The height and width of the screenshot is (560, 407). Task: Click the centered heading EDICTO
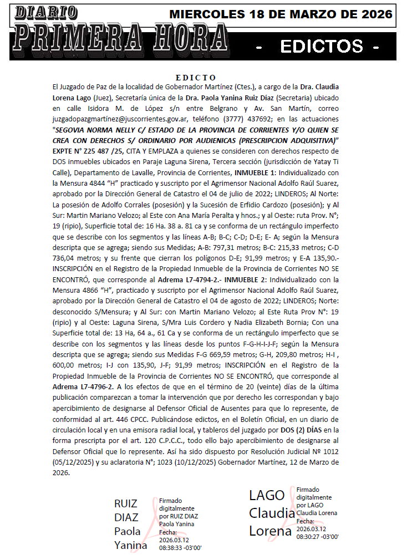click(x=195, y=77)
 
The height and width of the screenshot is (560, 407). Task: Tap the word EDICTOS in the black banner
click(x=322, y=47)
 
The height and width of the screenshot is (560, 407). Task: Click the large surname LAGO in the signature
click(x=267, y=495)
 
